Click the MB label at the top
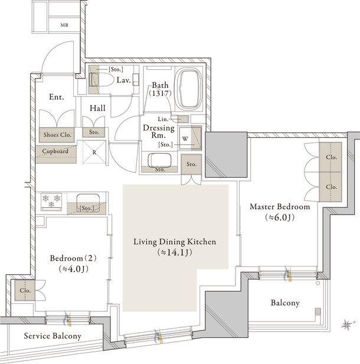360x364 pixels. (64, 25)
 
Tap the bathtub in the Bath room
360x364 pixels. (189, 89)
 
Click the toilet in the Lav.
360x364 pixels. (102, 80)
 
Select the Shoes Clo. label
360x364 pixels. (57, 135)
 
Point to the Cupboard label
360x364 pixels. (55, 151)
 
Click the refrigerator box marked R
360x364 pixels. (94, 152)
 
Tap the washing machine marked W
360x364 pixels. (185, 139)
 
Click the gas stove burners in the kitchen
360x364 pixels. (51, 201)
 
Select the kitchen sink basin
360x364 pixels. (88, 203)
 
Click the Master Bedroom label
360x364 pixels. (280, 207)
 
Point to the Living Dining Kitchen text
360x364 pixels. (175, 242)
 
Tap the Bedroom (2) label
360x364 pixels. (73, 258)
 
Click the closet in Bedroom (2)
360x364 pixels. (25, 290)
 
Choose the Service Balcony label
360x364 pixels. (53, 336)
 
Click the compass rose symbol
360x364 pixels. (347, 324)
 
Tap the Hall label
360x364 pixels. (97, 108)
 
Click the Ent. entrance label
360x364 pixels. (56, 97)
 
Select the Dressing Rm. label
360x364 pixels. (159, 131)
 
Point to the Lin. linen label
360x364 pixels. (163, 119)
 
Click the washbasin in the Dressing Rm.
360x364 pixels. (160, 160)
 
